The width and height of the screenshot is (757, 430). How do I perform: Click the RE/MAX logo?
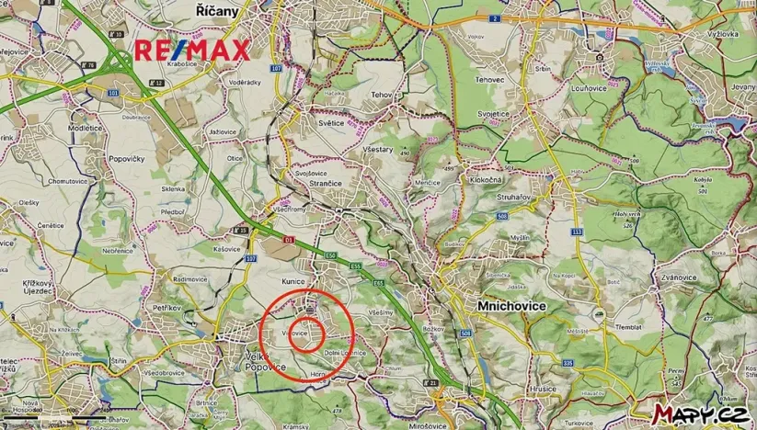tap(192, 51)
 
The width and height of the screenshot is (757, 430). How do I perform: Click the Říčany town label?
tap(218, 11)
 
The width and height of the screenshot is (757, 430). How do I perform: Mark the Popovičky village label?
tap(129, 159)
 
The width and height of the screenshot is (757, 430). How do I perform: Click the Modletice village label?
tap(86, 128)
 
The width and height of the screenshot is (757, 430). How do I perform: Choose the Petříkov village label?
tap(167, 308)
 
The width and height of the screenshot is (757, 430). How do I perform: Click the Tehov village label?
tap(382, 95)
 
